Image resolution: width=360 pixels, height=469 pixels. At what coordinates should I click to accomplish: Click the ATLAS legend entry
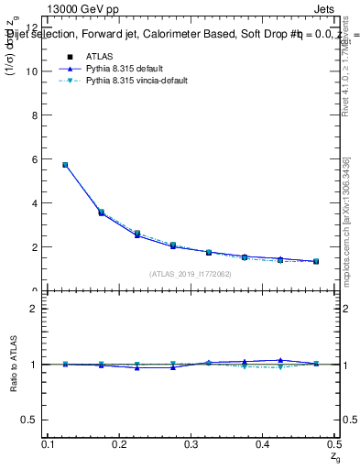point(99,56)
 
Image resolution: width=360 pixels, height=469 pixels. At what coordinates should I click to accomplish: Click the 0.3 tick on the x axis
point(191,444)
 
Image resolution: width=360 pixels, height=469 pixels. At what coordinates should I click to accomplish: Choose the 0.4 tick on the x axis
point(261,444)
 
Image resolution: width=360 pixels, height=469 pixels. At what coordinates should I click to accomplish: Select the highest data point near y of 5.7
point(65,165)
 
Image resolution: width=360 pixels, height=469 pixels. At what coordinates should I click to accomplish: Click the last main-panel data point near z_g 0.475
point(316,261)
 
